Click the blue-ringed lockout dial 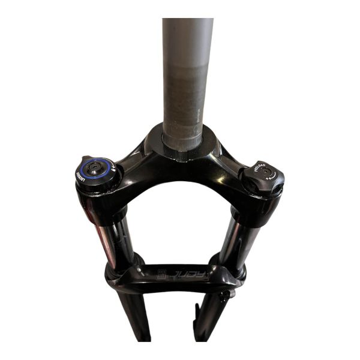pyautogui.click(x=97, y=172)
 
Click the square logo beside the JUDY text pyautogui.click(x=161, y=275)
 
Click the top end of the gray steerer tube pyautogui.click(x=187, y=24)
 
